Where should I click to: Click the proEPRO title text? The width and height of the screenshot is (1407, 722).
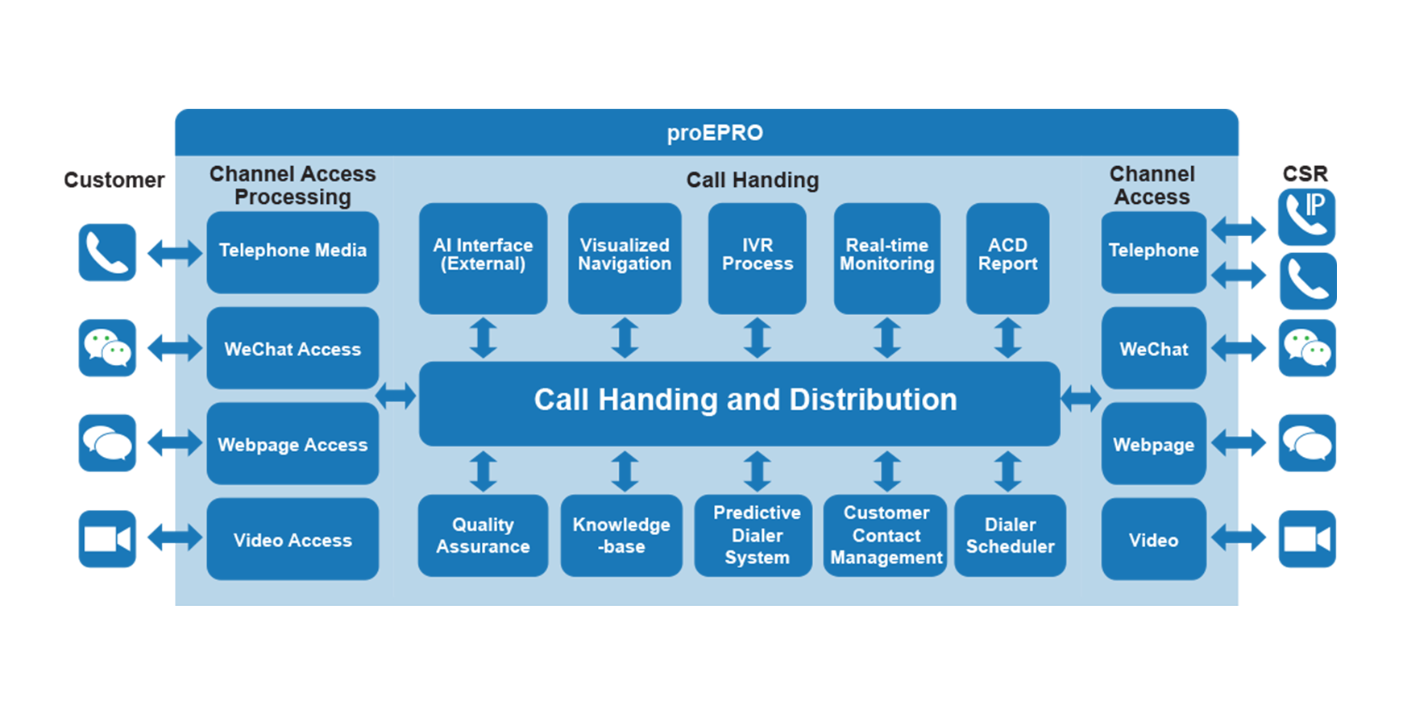(x=715, y=133)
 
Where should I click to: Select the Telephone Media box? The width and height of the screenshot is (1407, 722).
(x=293, y=252)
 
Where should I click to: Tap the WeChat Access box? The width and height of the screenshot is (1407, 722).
(x=293, y=348)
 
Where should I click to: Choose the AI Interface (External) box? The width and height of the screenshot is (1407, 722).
(x=483, y=259)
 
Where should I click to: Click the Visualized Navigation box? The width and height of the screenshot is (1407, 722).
(x=625, y=259)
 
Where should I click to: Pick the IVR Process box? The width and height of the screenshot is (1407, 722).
(x=757, y=259)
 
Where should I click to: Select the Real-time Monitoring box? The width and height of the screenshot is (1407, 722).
(x=887, y=259)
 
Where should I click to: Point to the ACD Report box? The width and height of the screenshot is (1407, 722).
(x=1008, y=259)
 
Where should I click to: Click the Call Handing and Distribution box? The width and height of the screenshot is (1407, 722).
(x=740, y=404)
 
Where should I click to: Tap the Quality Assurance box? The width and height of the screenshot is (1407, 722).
(x=483, y=536)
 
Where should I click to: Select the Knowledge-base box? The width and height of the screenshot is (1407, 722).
(x=621, y=536)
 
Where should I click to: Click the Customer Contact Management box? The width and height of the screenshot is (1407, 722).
(x=886, y=536)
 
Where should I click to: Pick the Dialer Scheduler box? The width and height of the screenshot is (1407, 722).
(x=1011, y=536)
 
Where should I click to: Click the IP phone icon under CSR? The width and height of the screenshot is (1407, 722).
(x=1307, y=217)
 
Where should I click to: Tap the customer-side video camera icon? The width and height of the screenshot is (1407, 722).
(x=107, y=539)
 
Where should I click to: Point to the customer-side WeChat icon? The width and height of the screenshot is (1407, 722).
(x=107, y=348)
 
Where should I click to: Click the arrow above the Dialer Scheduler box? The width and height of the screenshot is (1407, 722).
(x=1008, y=471)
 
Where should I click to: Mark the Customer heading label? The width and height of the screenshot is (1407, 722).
(x=114, y=180)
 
